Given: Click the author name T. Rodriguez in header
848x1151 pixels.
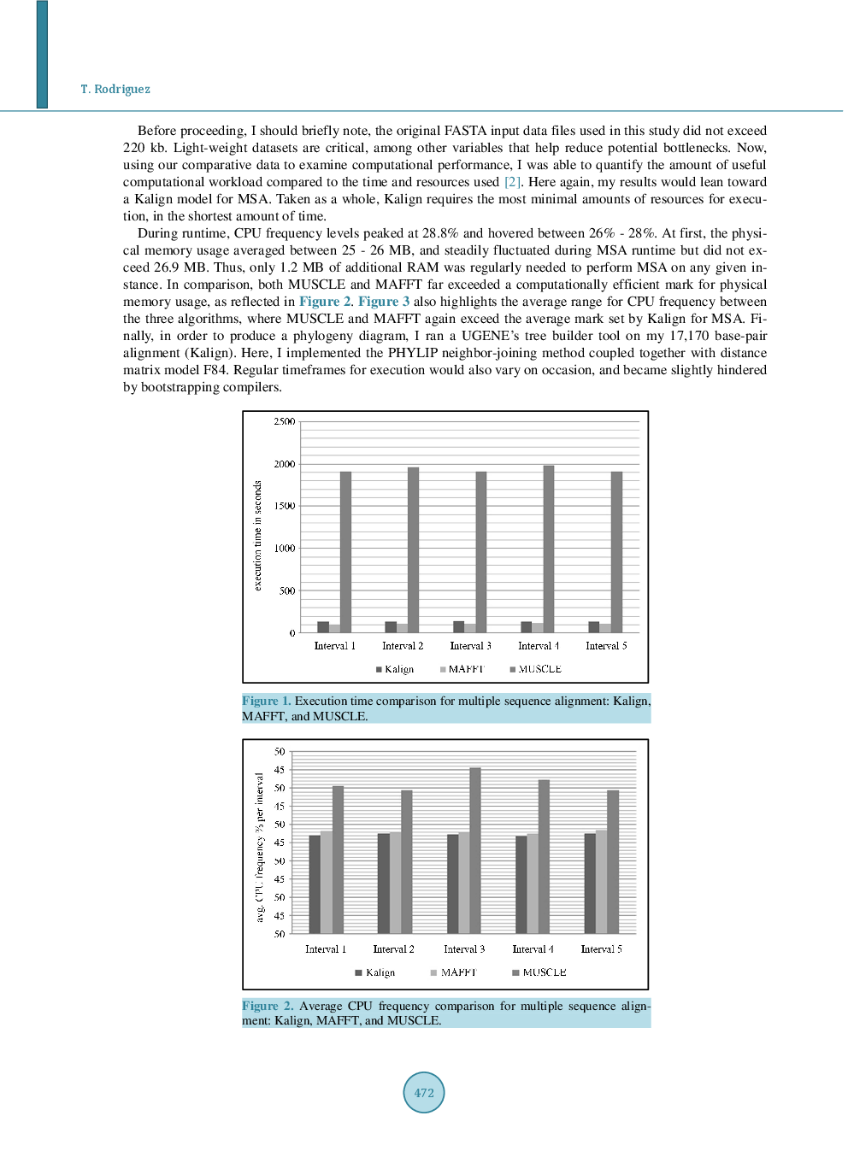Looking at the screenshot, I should coord(115,89).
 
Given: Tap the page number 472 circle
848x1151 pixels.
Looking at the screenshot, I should coord(424,1092).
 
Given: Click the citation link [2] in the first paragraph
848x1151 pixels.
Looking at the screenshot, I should coord(512,182).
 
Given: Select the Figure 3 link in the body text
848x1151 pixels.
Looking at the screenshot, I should coord(383,302).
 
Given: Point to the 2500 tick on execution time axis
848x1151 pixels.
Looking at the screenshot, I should coord(285,421).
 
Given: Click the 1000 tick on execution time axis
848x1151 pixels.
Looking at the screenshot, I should coord(285,549).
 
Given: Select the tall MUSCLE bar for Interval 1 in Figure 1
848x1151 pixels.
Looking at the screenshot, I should coord(345,552).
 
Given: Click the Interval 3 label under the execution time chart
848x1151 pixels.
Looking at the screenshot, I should coord(471,646).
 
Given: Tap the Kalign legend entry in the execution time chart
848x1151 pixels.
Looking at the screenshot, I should coord(395,669).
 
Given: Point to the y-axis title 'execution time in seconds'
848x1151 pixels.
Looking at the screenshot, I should coord(257,535).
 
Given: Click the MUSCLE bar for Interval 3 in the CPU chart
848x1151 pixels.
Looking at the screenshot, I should coord(475,850).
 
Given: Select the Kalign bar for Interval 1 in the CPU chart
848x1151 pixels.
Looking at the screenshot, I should coord(315,884).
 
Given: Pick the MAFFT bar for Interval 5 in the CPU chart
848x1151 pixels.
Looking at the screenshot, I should coord(602,881).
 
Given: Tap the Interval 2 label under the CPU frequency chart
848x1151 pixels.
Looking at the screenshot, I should coord(393,949).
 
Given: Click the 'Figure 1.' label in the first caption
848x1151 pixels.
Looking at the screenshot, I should coord(267,701).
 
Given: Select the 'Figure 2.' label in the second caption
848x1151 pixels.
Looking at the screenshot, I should coord(268,1006).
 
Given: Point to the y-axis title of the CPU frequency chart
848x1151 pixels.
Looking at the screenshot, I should coord(260,847).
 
